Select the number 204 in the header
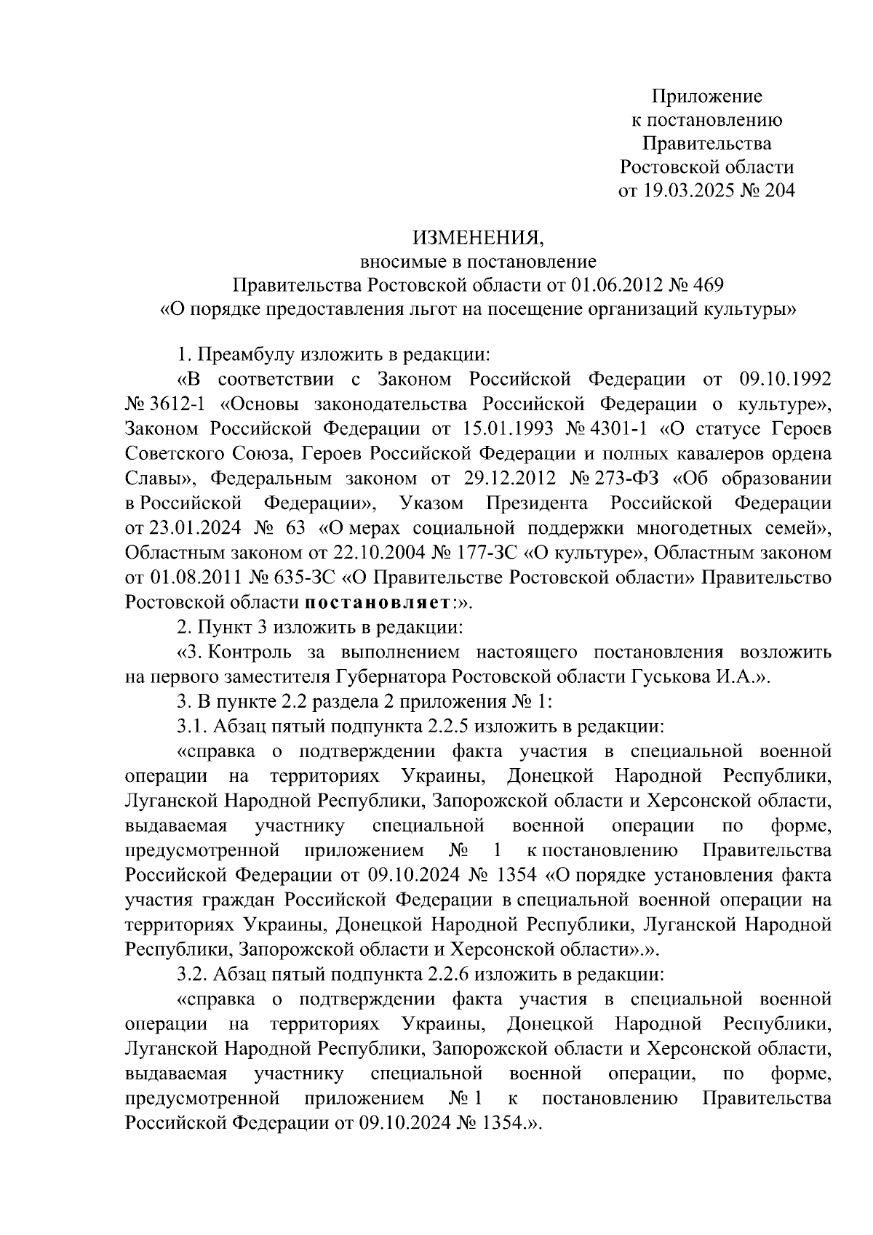[778, 191]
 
